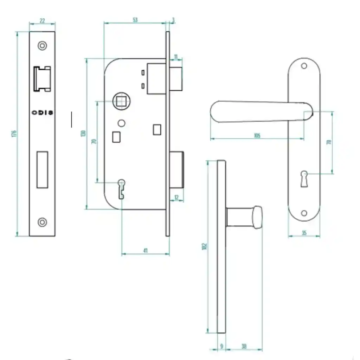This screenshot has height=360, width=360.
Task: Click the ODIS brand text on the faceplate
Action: click(x=43, y=113)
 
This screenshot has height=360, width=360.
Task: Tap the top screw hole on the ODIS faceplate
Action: click(x=43, y=45)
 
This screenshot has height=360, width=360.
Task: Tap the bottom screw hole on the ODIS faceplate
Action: click(x=43, y=222)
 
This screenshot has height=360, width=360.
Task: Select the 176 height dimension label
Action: click(x=14, y=134)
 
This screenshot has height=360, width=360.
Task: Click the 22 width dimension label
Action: click(x=42, y=21)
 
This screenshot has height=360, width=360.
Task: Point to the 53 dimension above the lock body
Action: click(x=135, y=20)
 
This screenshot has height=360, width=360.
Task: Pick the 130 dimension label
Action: click(x=83, y=134)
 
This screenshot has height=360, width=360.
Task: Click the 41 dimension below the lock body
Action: click(x=145, y=251)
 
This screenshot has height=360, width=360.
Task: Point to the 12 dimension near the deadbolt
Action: click(x=177, y=198)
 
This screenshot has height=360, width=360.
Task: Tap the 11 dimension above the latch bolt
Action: click(x=176, y=56)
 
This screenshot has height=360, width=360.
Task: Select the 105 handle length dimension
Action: click(x=257, y=136)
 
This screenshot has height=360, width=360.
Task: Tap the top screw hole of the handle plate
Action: click(x=304, y=66)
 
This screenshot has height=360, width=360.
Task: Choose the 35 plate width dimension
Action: click(x=304, y=233)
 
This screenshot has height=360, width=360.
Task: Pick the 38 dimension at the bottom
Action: click(x=244, y=346)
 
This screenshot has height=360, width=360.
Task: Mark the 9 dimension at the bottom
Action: click(x=221, y=346)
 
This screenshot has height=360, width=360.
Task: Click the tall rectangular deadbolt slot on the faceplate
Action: click(x=43, y=169)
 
